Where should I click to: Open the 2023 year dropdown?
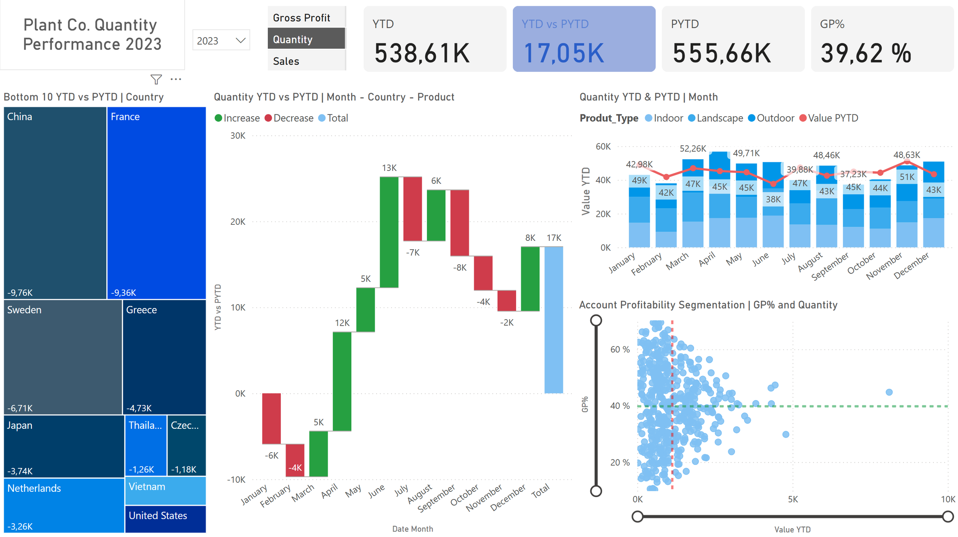[221, 40]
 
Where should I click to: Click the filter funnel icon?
[156, 79]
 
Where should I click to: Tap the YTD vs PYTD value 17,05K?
[564, 53]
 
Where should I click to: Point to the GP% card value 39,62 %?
[866, 53]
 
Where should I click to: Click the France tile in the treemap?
[156, 203]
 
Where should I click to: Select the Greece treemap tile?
[164, 357]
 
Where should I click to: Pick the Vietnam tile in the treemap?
[165, 491]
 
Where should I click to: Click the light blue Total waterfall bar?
[554, 320]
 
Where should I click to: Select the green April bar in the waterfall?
[342, 381]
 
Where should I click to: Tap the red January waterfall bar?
[271, 418]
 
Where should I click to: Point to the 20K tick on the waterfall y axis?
[238, 222]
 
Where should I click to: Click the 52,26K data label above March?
[692, 148]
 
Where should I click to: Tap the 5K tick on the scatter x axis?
[792, 499]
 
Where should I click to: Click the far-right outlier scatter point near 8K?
[889, 392]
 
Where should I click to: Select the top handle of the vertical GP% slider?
[596, 320]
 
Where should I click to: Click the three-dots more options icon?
[176, 79]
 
